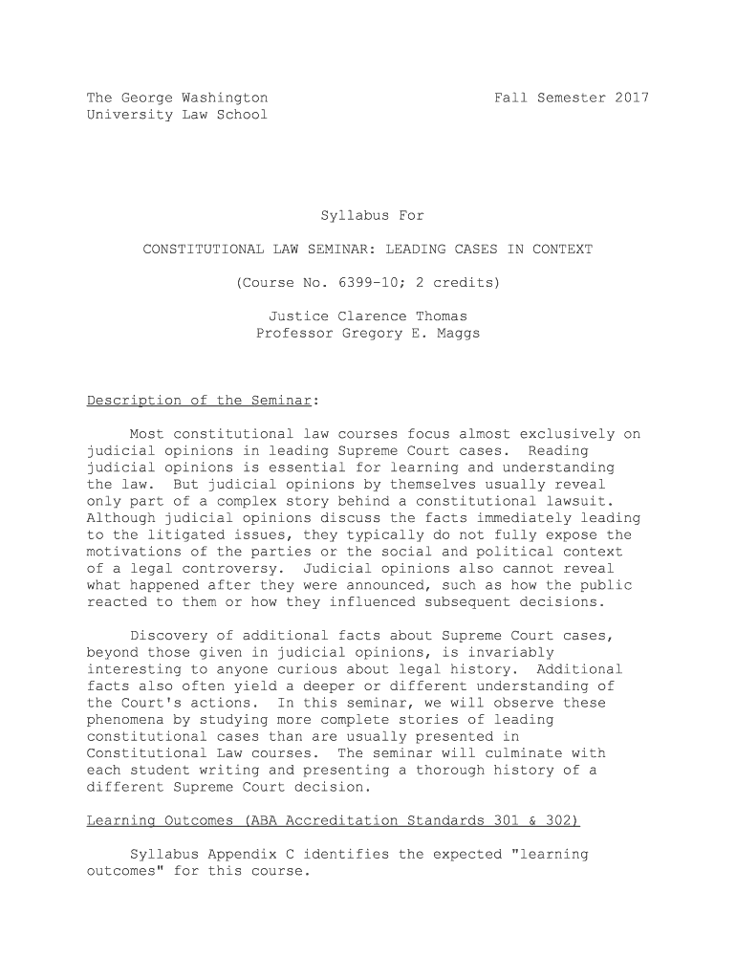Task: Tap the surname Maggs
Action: (x=458, y=334)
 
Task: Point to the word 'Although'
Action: (x=121, y=518)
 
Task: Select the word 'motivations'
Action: (x=134, y=552)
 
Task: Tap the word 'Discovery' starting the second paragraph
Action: (x=168, y=636)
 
